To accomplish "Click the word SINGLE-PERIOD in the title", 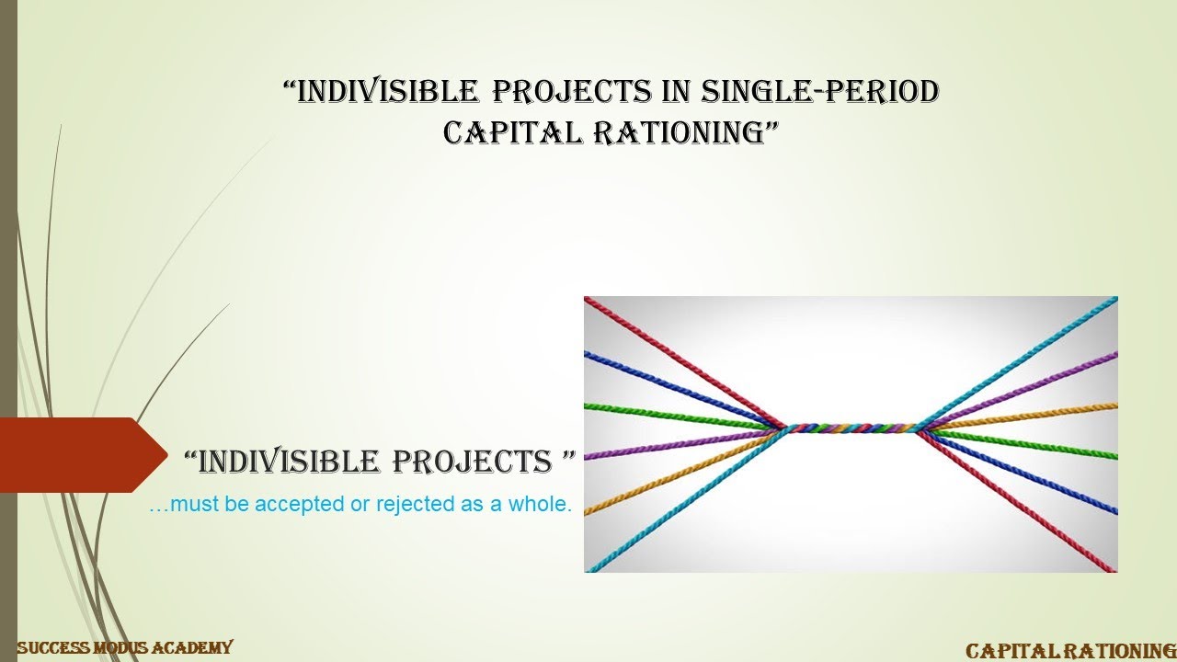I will point(820,92).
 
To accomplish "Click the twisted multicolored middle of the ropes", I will point(851,428).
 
